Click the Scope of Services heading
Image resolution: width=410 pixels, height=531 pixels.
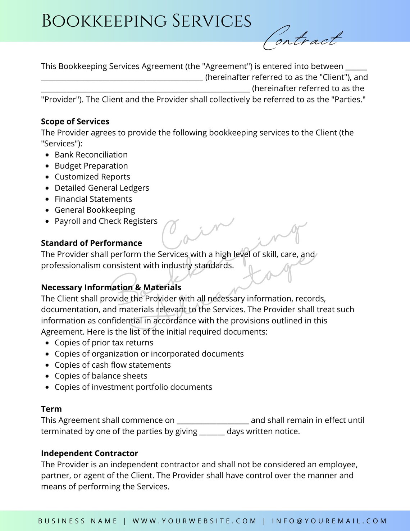[x=75, y=122]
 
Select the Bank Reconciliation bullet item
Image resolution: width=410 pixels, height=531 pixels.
[x=91, y=155]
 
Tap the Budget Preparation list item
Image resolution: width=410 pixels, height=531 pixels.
[x=91, y=166]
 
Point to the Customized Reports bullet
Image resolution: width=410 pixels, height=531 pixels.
[x=92, y=177]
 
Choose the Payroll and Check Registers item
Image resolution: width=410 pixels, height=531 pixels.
[x=106, y=221]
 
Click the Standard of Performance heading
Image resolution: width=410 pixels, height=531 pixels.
[x=91, y=243]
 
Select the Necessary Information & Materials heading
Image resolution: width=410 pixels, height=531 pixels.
[x=111, y=287]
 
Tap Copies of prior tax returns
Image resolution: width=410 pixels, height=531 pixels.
[x=104, y=343]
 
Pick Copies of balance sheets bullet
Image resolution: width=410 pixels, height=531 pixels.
[x=101, y=376]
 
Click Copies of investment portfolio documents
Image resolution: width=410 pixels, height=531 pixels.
[x=133, y=387]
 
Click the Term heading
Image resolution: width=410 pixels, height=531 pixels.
[x=51, y=409]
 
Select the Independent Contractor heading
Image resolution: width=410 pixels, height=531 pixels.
[x=90, y=453]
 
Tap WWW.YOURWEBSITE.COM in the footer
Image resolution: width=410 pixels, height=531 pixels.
[x=195, y=521]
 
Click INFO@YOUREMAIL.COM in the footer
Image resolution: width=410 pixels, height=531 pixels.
[x=329, y=521]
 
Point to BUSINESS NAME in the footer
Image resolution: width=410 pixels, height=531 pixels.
[x=78, y=521]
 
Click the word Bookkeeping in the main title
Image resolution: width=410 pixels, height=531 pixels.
[x=104, y=21]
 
